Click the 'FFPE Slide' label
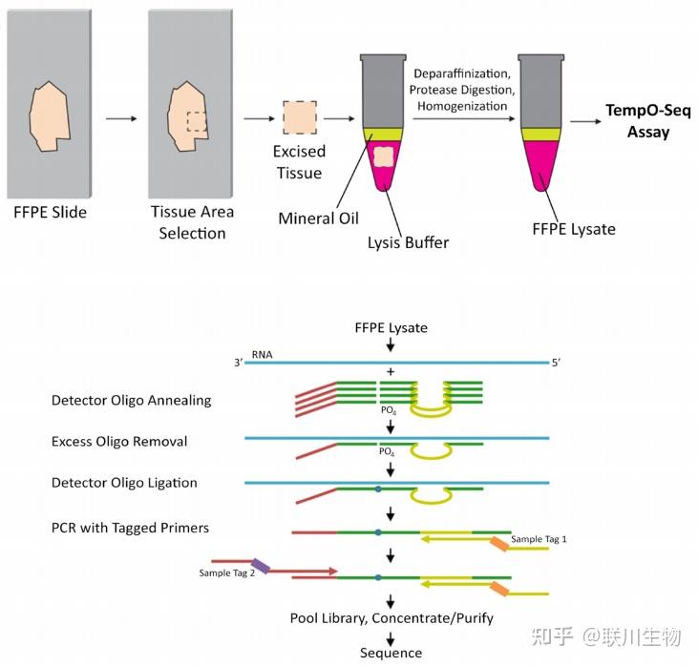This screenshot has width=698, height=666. [x=50, y=212]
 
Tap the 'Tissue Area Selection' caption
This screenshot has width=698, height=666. [x=192, y=222]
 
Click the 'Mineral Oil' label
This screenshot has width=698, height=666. [x=318, y=219]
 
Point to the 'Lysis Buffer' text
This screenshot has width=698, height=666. [x=408, y=242]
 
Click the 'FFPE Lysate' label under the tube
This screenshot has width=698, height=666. [x=574, y=229]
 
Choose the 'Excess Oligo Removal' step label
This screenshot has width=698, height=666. [x=119, y=442]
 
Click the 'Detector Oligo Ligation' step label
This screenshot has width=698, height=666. [x=124, y=483]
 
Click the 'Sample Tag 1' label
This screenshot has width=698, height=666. [x=539, y=540]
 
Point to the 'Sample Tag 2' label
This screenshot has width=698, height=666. [x=226, y=572]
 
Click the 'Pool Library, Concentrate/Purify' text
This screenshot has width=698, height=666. [x=391, y=618]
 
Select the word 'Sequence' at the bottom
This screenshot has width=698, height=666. [x=391, y=654]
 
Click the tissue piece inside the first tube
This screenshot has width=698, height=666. [x=384, y=156]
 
